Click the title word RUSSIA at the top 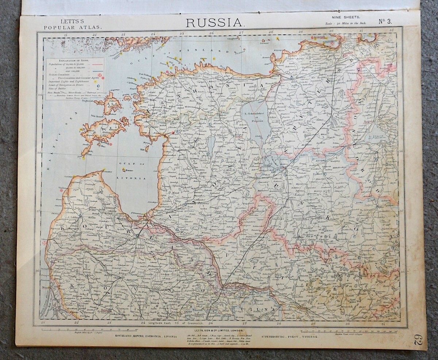[x=215, y=22]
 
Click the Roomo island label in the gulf [x=128, y=170]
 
